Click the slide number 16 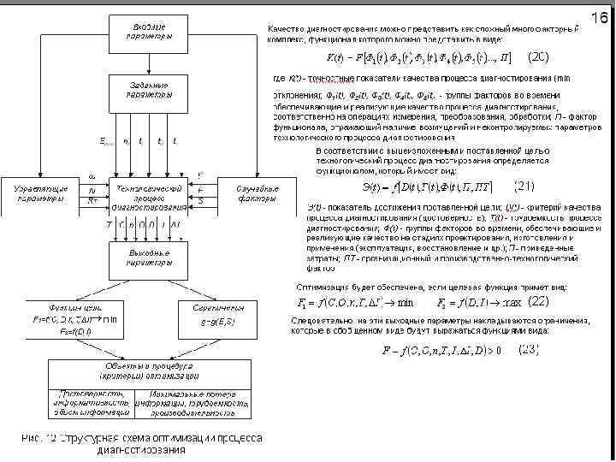tap(598, 18)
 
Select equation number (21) tap(523, 185)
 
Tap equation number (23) tap(528, 348)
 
